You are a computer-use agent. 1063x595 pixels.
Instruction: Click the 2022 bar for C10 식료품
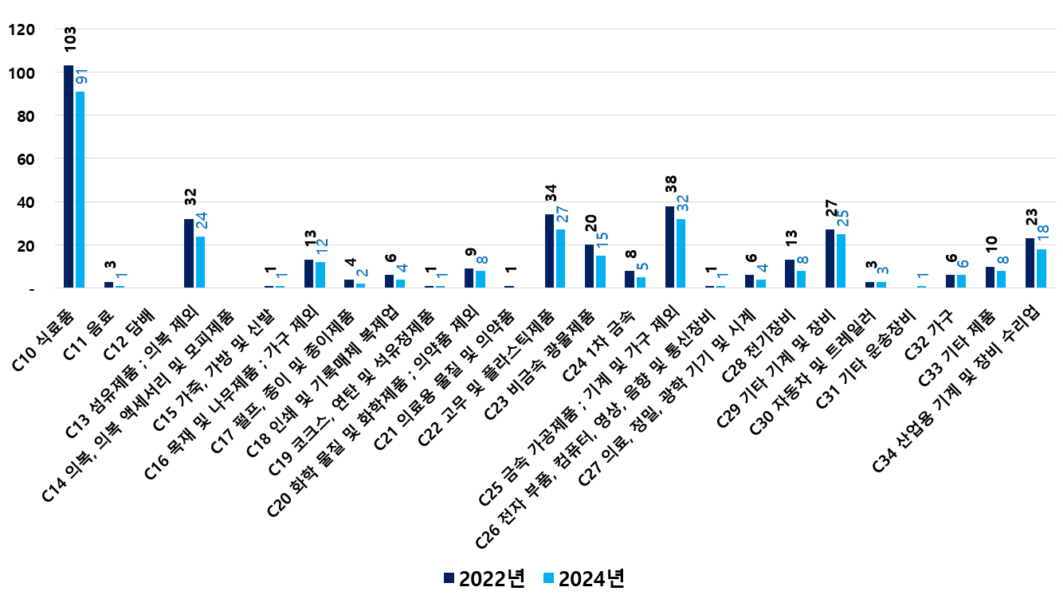tap(69, 176)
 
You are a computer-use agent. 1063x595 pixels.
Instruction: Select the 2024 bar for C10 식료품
tap(80, 190)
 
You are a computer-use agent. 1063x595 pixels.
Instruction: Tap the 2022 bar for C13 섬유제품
tap(189, 253)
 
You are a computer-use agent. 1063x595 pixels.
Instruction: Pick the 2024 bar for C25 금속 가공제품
tap(681, 253)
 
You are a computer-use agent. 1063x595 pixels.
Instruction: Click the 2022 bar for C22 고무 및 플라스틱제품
tap(549, 251)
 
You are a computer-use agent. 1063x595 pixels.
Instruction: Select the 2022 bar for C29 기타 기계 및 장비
tap(830, 259)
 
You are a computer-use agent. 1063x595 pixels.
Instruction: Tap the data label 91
tap(81, 77)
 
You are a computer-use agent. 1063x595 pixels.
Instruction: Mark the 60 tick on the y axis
tap(25, 159)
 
